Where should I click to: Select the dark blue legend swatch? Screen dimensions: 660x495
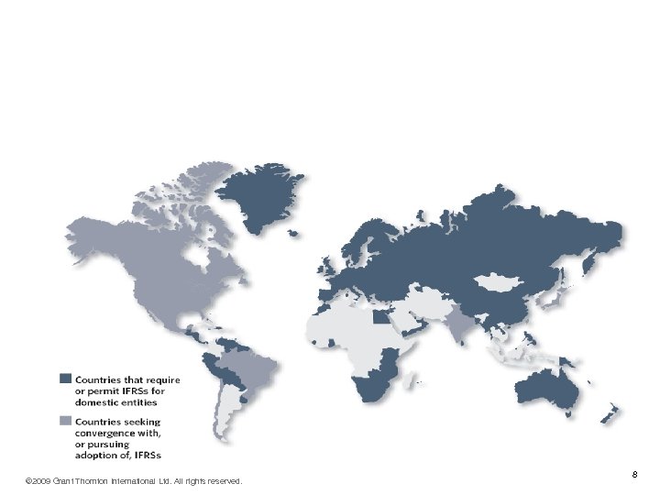pyautogui.click(x=65, y=379)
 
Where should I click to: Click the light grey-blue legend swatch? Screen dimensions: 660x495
pyautogui.click(x=65, y=421)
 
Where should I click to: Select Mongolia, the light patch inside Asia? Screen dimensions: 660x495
pyautogui.click(x=500, y=280)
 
